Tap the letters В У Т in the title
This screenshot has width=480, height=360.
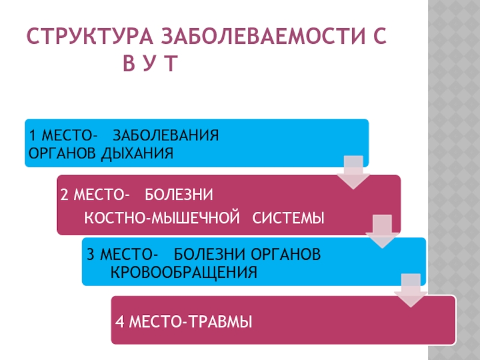pos(151,64)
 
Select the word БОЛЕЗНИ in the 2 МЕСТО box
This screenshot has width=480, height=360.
pos(180,195)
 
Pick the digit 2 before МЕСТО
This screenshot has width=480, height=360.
pos(64,195)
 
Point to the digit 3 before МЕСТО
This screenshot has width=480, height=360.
pos(90,254)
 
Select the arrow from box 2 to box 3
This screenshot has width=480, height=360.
pos(379,230)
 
